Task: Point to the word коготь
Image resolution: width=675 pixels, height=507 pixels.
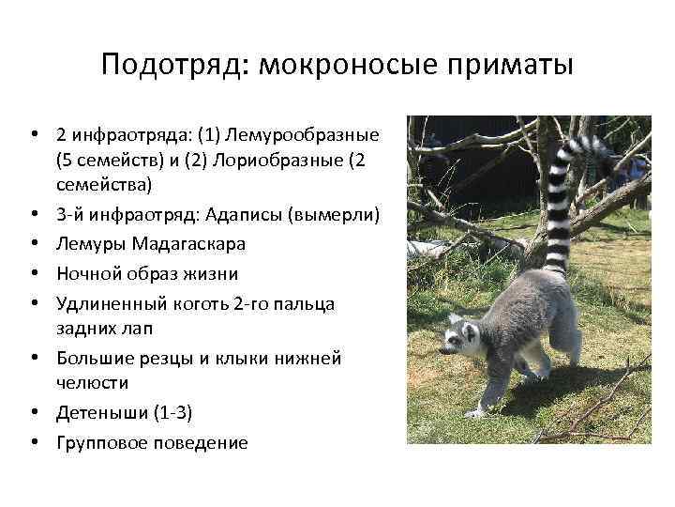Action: coord(187,302)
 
